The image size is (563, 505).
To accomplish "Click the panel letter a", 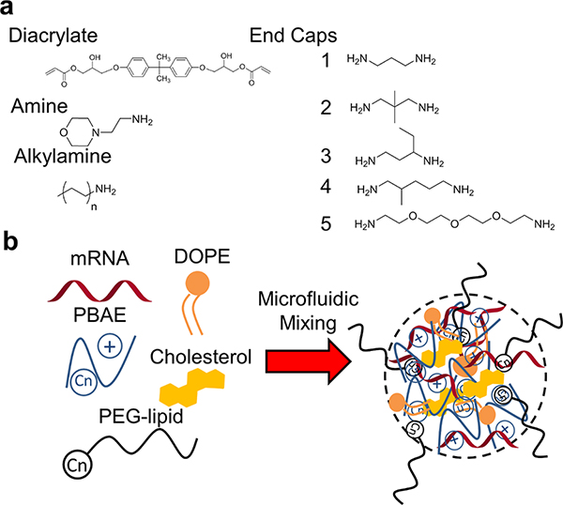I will [8, 11].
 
